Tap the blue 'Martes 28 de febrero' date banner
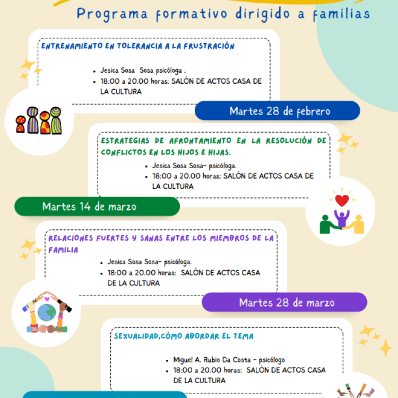(280, 111)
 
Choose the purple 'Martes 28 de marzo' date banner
(287, 302)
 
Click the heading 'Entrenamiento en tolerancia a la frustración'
(138, 46)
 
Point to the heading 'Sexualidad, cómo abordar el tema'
(184, 336)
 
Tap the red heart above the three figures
(342, 201)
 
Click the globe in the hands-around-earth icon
(46, 314)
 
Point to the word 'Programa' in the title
(109, 14)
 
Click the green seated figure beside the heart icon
(327, 225)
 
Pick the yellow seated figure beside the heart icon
(358, 225)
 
